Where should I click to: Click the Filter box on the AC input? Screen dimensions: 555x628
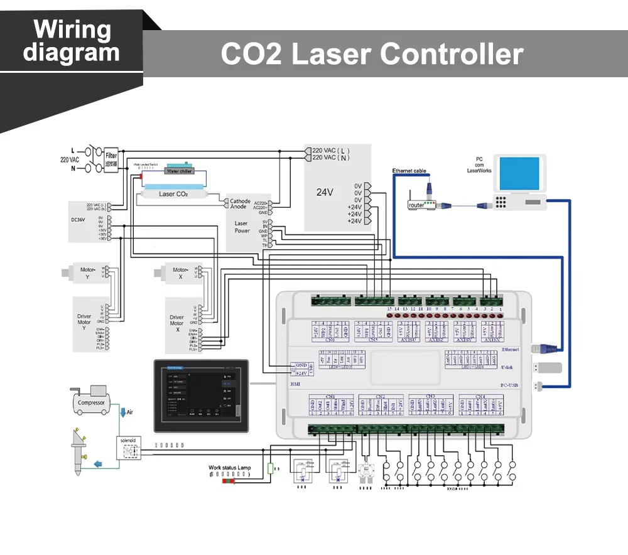tap(111, 159)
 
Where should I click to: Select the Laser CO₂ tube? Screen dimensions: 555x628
tap(173, 194)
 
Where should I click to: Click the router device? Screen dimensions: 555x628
tap(418, 205)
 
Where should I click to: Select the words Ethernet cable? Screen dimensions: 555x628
tap(409, 171)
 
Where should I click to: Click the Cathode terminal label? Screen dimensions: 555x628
tap(240, 202)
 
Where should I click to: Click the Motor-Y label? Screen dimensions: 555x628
tap(88, 273)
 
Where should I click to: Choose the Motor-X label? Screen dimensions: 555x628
tap(181, 273)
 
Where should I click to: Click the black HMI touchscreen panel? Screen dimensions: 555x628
tap(201, 394)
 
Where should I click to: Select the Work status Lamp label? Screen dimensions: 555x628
tap(230, 468)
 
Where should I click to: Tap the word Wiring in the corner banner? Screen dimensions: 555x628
tap(72, 30)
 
